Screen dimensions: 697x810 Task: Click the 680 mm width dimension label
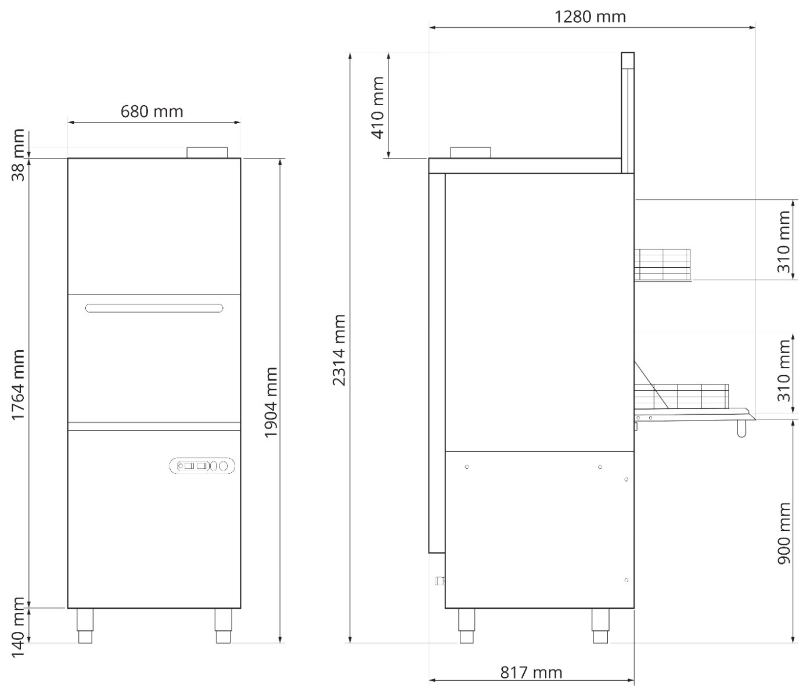pyautogui.click(x=152, y=110)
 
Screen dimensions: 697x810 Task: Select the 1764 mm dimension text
pyautogui.click(x=19, y=385)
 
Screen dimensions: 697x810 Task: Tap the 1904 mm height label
pyautogui.click(x=271, y=403)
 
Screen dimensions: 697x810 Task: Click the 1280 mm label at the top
pyautogui.click(x=590, y=16)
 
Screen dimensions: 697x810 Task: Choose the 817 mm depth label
pyautogui.click(x=531, y=673)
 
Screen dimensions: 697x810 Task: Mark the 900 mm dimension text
pyautogui.click(x=784, y=533)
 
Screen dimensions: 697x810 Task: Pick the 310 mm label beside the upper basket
pyautogui.click(x=784, y=241)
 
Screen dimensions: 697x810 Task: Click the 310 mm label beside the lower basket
pyautogui.click(x=784, y=370)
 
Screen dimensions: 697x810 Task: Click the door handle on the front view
pyautogui.click(x=154, y=308)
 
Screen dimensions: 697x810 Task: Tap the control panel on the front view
pyautogui.click(x=203, y=466)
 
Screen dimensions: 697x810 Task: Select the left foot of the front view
pyautogui.click(x=85, y=626)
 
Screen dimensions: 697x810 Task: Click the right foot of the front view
pyautogui.click(x=224, y=626)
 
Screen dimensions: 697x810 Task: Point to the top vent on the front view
pyautogui.click(x=207, y=152)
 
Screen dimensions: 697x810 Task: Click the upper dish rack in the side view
pyautogui.click(x=662, y=264)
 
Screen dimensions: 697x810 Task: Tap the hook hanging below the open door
pyautogui.click(x=741, y=429)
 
